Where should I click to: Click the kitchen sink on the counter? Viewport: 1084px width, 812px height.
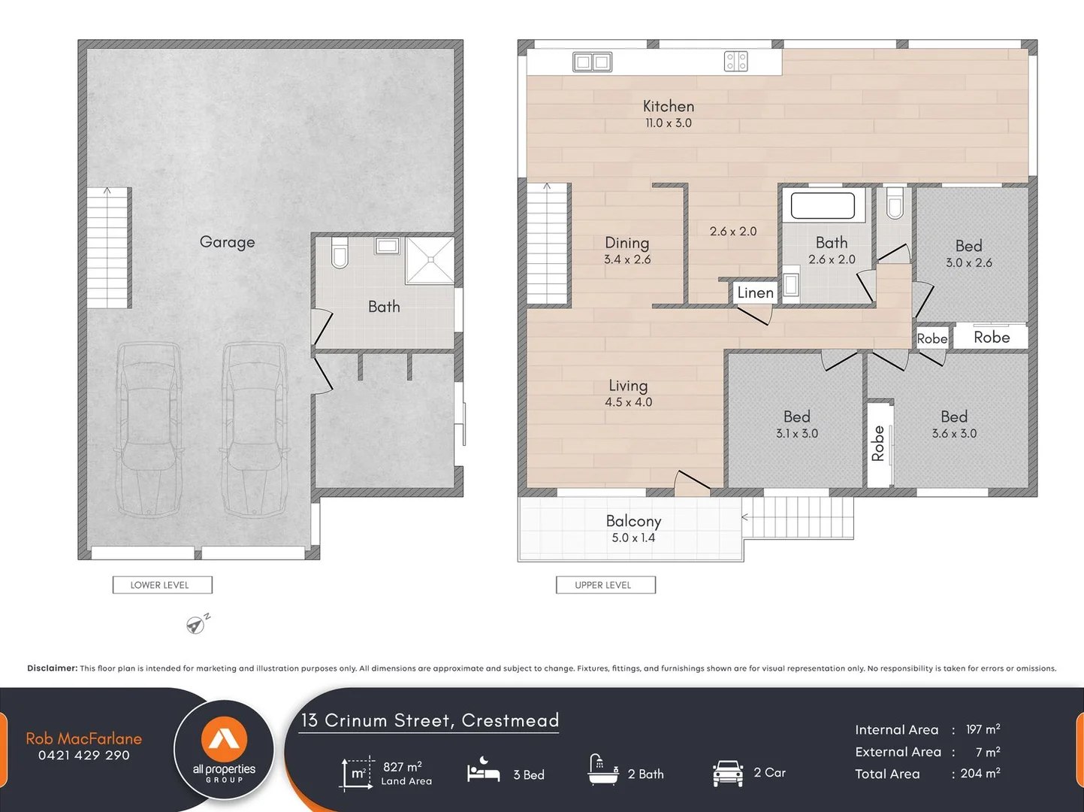coord(592,62)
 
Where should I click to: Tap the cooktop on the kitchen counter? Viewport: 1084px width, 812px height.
coord(735,62)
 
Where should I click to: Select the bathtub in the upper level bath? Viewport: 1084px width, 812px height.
coord(823,206)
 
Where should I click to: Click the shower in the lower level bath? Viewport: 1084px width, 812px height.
coord(430,260)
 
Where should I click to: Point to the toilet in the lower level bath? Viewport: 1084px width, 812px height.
coord(340,253)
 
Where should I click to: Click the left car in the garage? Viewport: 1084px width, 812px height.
coord(149,429)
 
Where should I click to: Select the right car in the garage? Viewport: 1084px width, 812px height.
coord(254,429)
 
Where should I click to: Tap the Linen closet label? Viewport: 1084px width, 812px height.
coord(755,292)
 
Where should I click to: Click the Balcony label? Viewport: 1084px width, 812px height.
coord(633,521)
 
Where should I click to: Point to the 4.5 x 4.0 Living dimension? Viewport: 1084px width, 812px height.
coord(628,402)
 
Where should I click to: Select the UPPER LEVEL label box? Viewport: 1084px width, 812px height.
coord(605,585)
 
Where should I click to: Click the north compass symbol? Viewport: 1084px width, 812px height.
coord(197,624)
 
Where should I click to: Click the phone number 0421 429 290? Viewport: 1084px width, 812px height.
coord(84,756)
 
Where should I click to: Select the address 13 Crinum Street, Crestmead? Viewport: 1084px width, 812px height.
coord(430,720)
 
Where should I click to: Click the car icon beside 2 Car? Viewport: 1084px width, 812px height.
coord(727,773)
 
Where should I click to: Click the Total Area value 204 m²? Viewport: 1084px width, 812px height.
coord(980,774)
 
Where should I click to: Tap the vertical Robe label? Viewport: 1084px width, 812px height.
coord(877,444)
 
